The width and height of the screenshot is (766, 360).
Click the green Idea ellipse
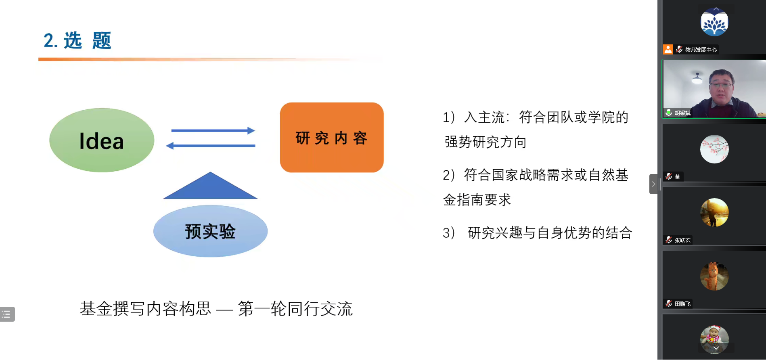point(102,140)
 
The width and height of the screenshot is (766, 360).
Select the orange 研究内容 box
point(332,137)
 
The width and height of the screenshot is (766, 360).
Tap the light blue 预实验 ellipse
point(210,231)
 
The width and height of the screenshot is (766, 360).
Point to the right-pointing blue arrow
point(213,130)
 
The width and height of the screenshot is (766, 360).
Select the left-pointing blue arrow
point(210,145)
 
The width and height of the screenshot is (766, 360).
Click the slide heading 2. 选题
point(77,41)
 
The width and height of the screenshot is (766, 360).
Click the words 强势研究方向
point(486,142)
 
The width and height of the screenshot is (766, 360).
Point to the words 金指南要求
point(477,200)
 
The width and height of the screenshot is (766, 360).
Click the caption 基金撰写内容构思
point(146,309)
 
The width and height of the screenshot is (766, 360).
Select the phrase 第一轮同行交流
point(295,309)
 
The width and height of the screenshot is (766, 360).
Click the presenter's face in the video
point(721,86)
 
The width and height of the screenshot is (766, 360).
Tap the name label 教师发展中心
point(701,50)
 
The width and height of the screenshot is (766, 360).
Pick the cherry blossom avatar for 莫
point(714,149)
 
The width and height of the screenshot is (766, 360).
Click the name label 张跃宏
point(682,240)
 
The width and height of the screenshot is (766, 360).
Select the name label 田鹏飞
point(682,304)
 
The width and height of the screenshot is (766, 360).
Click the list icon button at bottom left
point(7,314)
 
